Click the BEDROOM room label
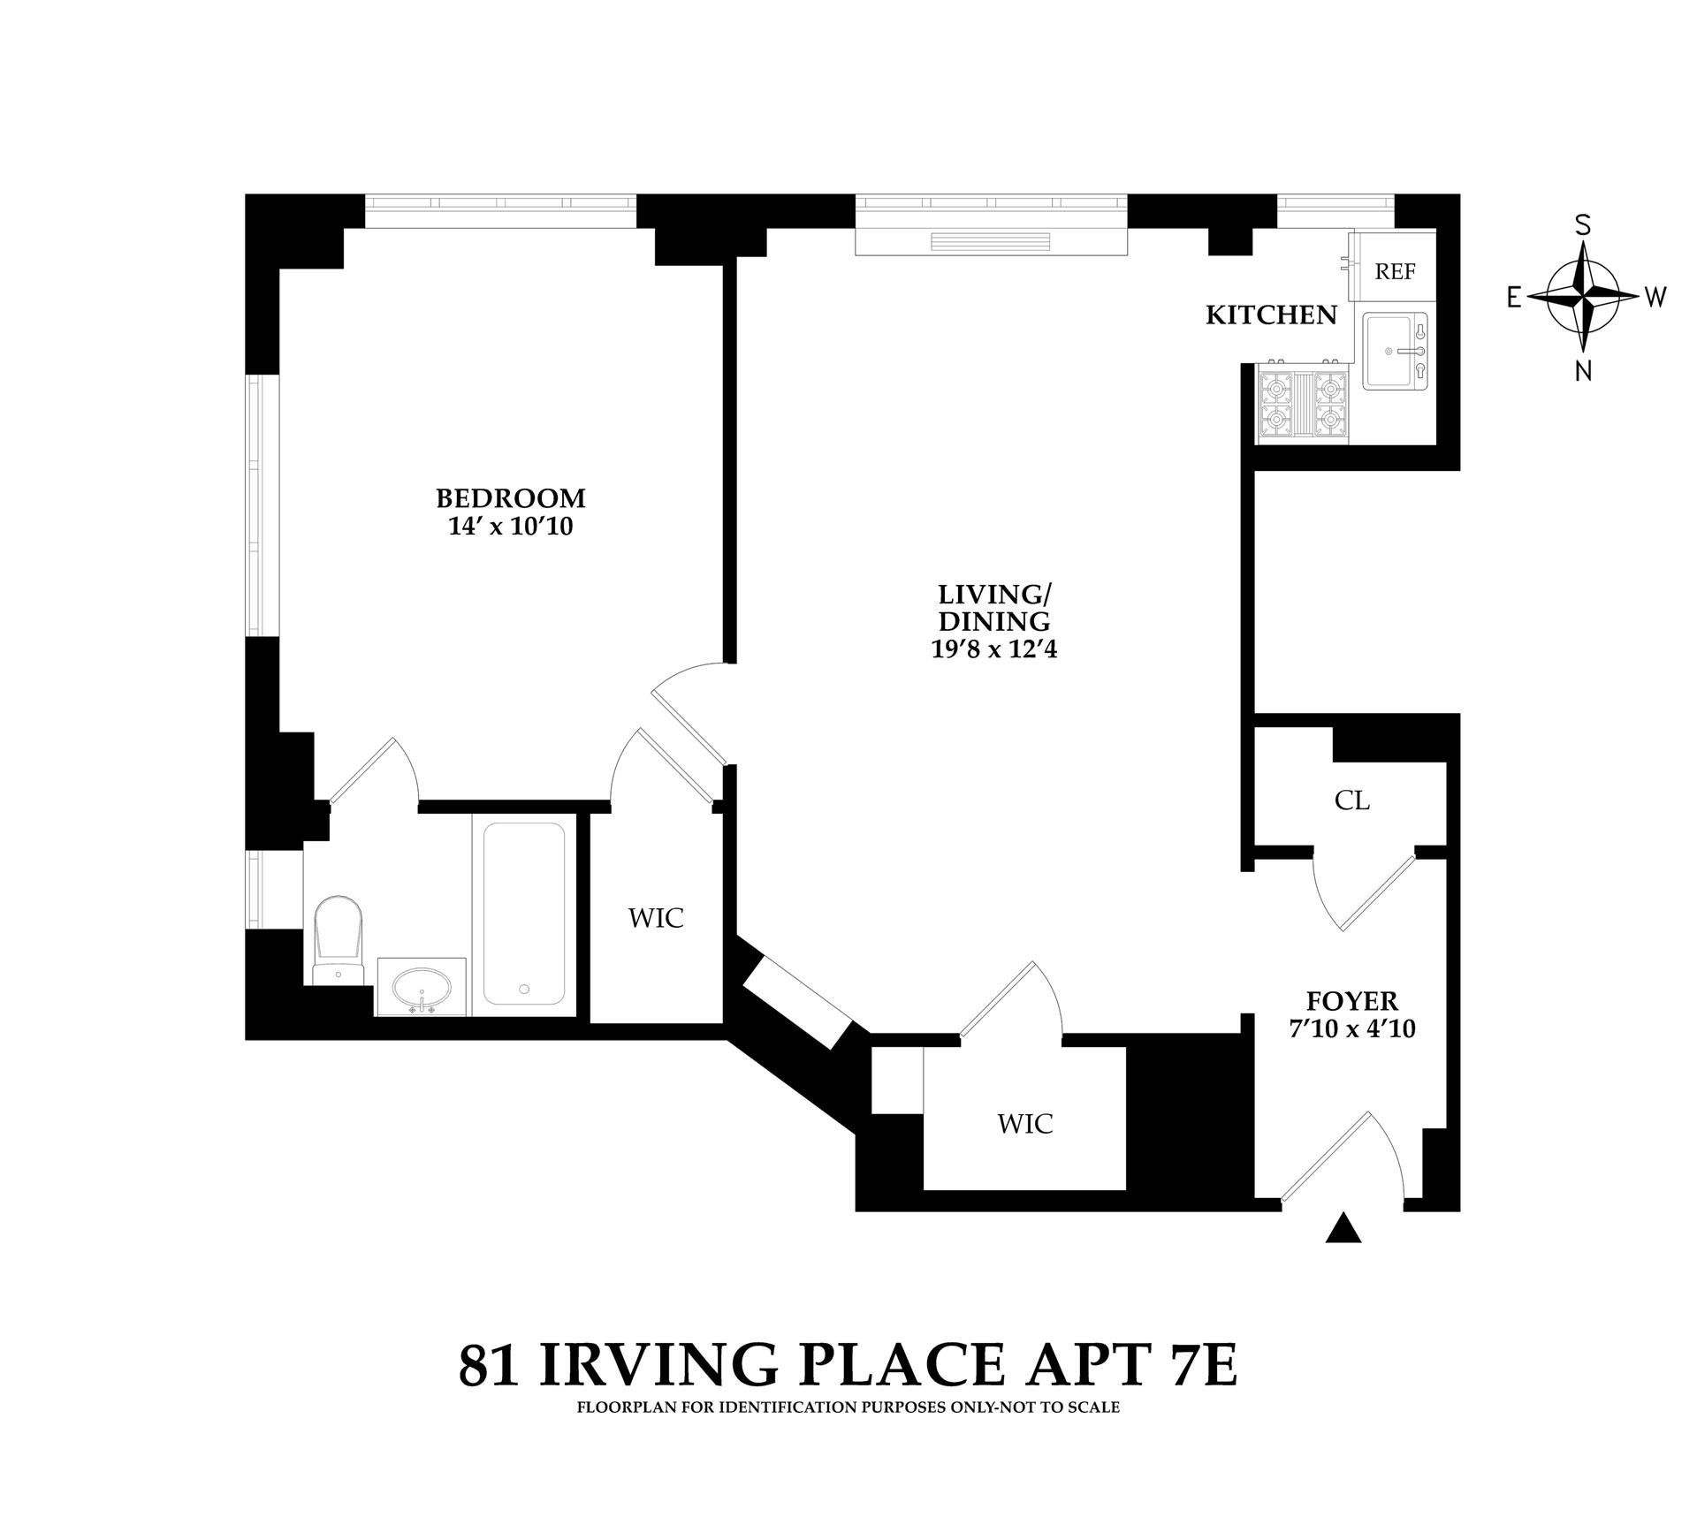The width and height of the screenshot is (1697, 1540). pos(511,498)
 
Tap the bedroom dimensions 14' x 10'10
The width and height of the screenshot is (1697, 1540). pos(511,527)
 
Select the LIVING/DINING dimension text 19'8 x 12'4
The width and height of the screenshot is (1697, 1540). pos(994,650)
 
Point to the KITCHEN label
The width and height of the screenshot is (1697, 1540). pos(1271,315)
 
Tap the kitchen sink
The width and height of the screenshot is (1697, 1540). pos(1395,351)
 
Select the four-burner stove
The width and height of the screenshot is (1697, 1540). pos(1303,404)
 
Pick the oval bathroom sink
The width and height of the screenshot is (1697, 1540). pos(422,986)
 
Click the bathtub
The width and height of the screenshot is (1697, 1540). pos(524,914)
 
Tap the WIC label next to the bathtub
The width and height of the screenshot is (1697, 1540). pos(656,918)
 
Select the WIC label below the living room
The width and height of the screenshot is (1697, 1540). pos(1025,1124)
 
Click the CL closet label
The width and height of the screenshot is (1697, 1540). pos(1351,800)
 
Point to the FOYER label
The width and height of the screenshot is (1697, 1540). pos(1352,1001)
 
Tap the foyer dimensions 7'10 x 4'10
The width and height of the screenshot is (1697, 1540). pos(1352,1028)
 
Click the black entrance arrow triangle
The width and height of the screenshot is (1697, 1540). pos(1344,1229)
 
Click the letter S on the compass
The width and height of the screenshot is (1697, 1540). pos(1584,225)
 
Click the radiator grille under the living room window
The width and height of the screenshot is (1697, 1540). pos(991,243)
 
